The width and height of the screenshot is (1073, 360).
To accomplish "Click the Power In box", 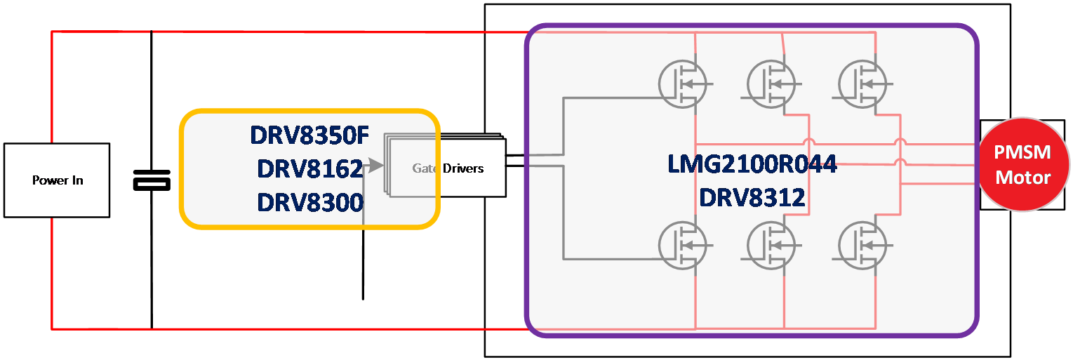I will pyautogui.click(x=57, y=180).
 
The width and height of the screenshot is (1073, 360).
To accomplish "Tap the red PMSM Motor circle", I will pyautogui.click(x=1023, y=165).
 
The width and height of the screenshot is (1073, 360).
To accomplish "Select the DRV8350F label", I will pyautogui.click(x=309, y=135).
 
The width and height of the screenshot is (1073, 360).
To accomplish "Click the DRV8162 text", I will pyautogui.click(x=310, y=168).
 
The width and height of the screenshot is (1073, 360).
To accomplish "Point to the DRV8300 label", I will pyautogui.click(x=310, y=202).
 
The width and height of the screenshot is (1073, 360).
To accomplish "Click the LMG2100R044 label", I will pyautogui.click(x=752, y=164).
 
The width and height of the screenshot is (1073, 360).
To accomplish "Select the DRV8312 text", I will pyautogui.click(x=752, y=198).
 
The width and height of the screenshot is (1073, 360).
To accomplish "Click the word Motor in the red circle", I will pyautogui.click(x=1023, y=177).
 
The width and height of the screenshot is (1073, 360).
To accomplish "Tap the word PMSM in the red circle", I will pyautogui.click(x=1023, y=154).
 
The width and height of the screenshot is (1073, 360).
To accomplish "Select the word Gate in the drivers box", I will pyautogui.click(x=425, y=168).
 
